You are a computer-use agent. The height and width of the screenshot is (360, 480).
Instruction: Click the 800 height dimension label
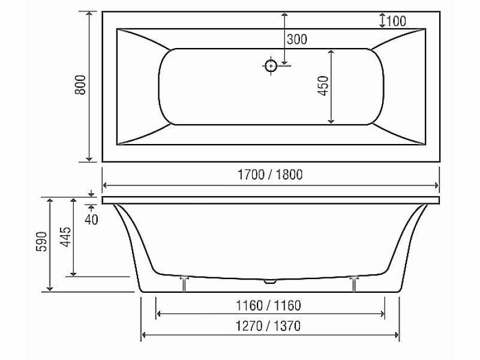[x=80, y=85]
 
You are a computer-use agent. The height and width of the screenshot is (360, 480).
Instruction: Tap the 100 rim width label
[x=396, y=21]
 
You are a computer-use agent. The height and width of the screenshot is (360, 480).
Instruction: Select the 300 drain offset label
[x=297, y=40]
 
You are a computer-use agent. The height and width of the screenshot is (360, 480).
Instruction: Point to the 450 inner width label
[x=323, y=86]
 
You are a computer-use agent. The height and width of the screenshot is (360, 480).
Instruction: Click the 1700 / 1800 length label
[x=270, y=175]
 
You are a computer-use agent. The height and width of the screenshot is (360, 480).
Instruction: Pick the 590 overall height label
[x=42, y=242]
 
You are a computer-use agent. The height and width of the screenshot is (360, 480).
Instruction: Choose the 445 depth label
[x=65, y=237]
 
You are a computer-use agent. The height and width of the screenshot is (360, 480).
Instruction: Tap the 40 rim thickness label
[x=91, y=220]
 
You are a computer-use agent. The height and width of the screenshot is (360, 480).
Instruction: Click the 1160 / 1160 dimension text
[x=268, y=305]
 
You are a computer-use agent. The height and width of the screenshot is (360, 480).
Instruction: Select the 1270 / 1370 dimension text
[x=268, y=326]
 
